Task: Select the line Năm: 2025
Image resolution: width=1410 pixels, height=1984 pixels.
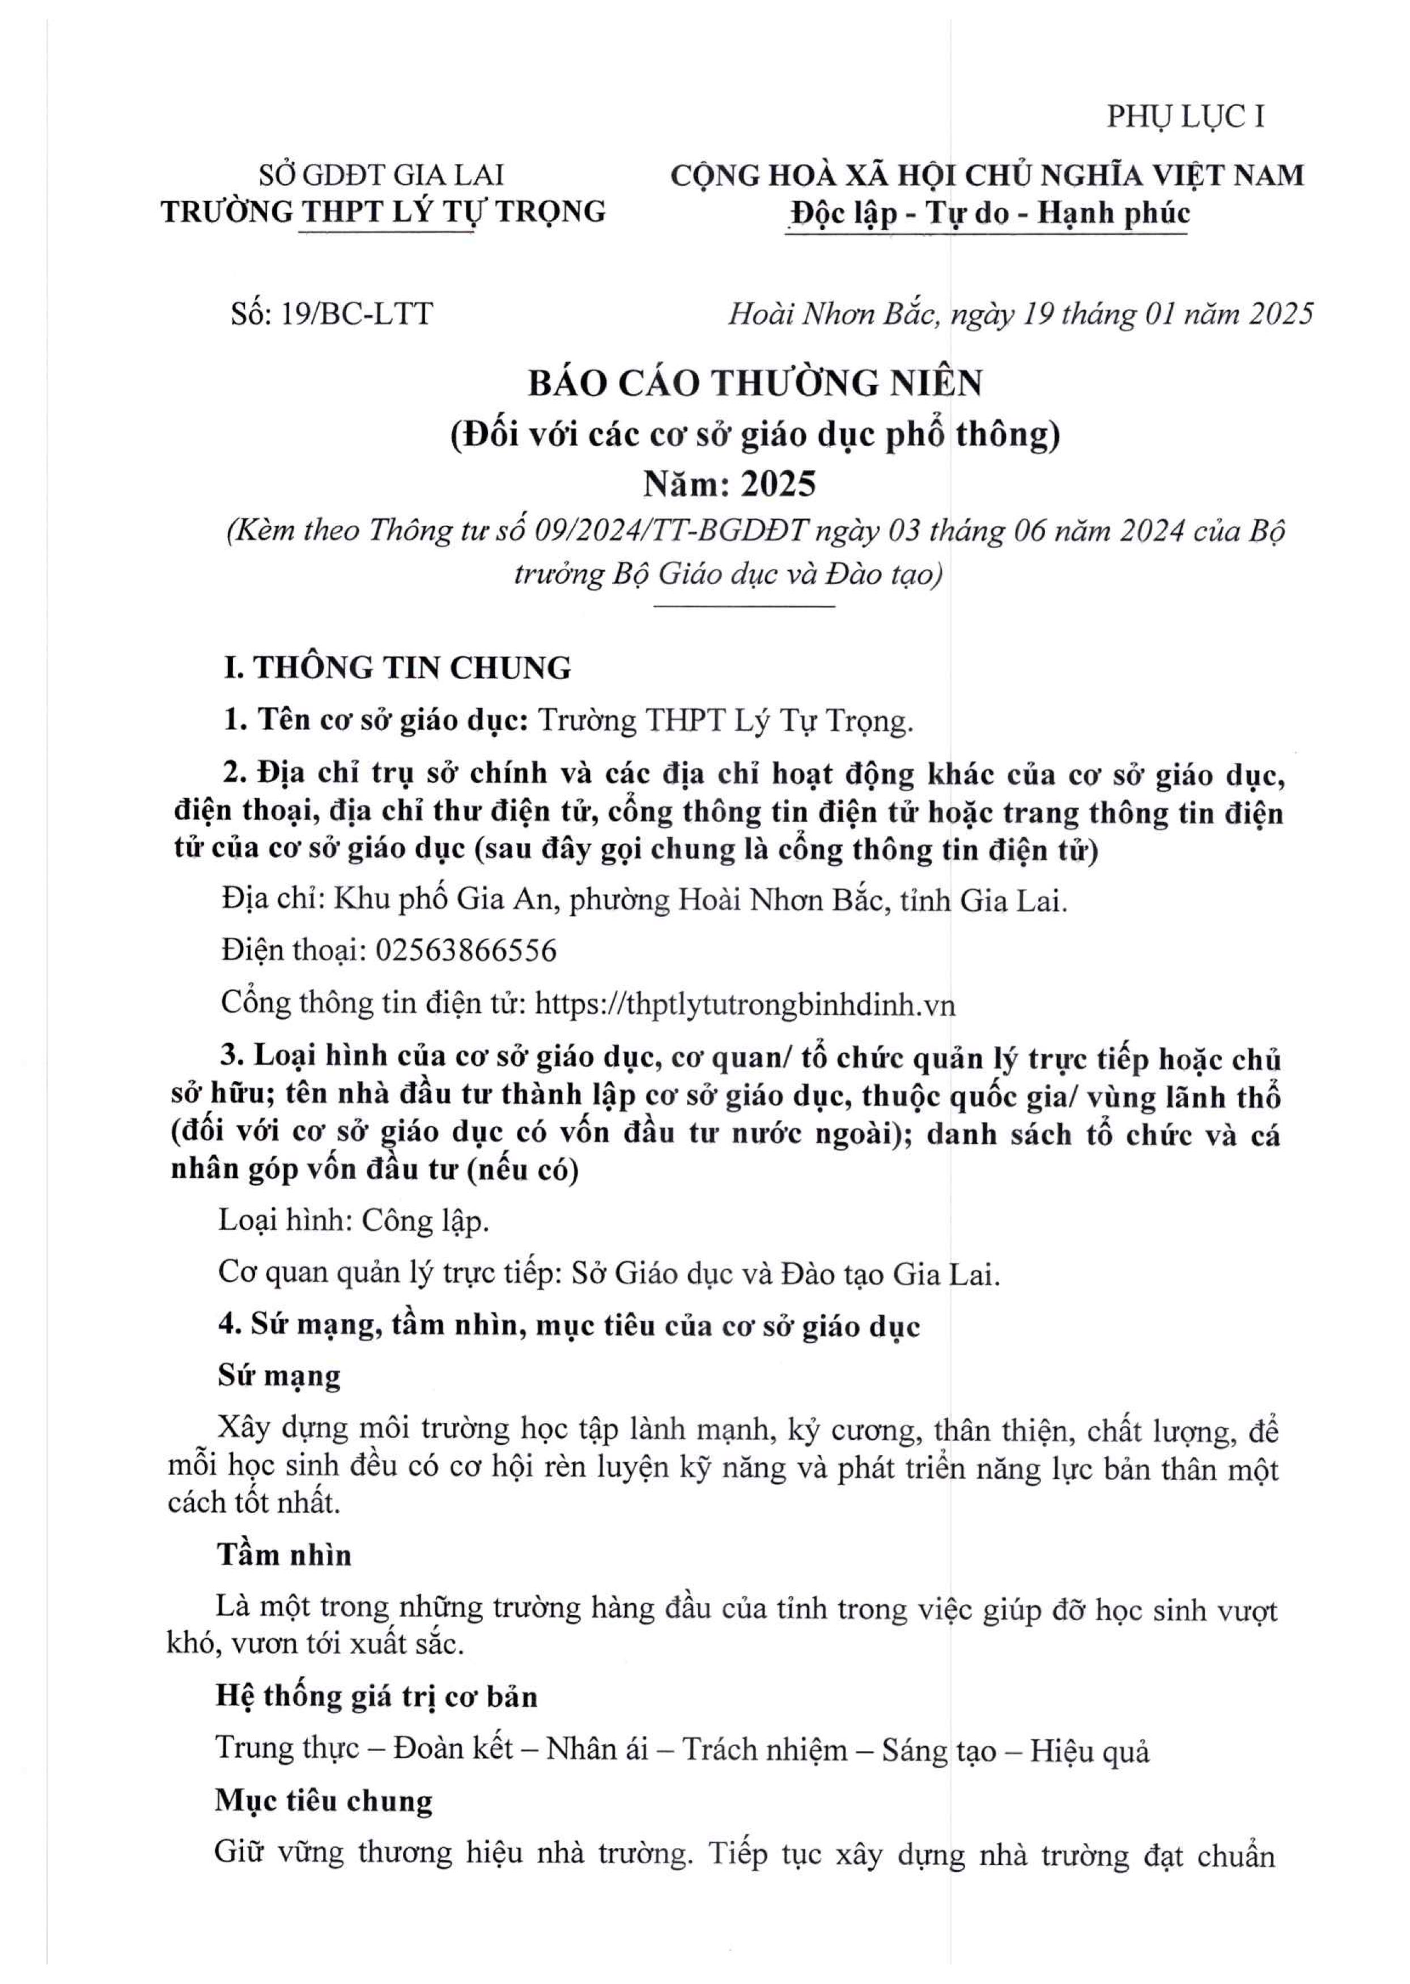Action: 729,484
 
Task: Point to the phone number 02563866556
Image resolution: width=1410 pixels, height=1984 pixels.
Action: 465,951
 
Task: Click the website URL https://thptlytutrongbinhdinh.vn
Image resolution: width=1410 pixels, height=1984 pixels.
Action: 745,1004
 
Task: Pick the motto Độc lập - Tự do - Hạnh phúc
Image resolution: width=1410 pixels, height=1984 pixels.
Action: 987,214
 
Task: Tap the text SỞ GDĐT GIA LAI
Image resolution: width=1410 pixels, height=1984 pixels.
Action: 382,175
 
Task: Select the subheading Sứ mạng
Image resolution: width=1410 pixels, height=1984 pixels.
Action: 279,1376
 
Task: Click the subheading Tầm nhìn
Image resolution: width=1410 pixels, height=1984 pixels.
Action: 284,1554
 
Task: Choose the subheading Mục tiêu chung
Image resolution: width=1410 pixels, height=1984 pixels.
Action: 324,1801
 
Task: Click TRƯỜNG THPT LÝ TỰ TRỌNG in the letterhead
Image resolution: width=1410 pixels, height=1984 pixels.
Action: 384,212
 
